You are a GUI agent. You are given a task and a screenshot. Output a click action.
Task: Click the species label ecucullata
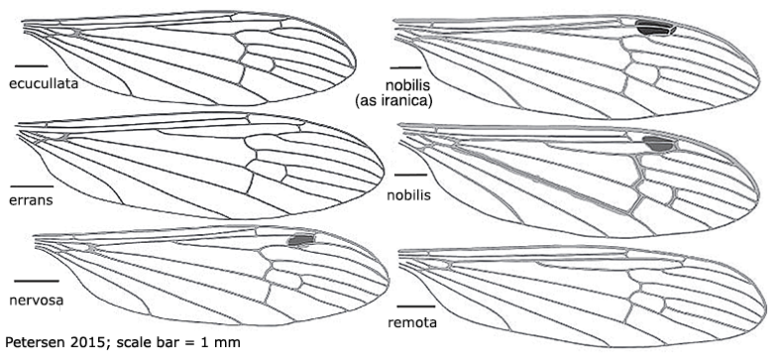click(44, 83)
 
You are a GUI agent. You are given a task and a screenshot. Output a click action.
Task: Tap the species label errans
click(30, 199)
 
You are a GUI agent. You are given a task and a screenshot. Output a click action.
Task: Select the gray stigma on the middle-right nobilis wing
click(656, 146)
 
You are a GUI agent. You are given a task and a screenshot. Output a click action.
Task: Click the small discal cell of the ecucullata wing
click(259, 63)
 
